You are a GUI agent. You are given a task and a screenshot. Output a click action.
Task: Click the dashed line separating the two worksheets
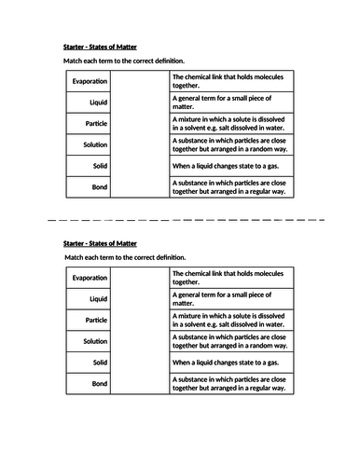(180, 221)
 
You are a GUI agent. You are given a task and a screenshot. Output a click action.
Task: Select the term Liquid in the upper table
(98, 103)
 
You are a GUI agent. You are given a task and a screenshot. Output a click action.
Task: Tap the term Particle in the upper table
(97, 123)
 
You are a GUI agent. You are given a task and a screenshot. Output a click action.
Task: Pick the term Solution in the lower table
(95, 341)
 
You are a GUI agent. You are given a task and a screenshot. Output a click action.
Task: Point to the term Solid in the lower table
(100, 362)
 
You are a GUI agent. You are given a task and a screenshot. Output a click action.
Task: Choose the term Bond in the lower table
(100, 383)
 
